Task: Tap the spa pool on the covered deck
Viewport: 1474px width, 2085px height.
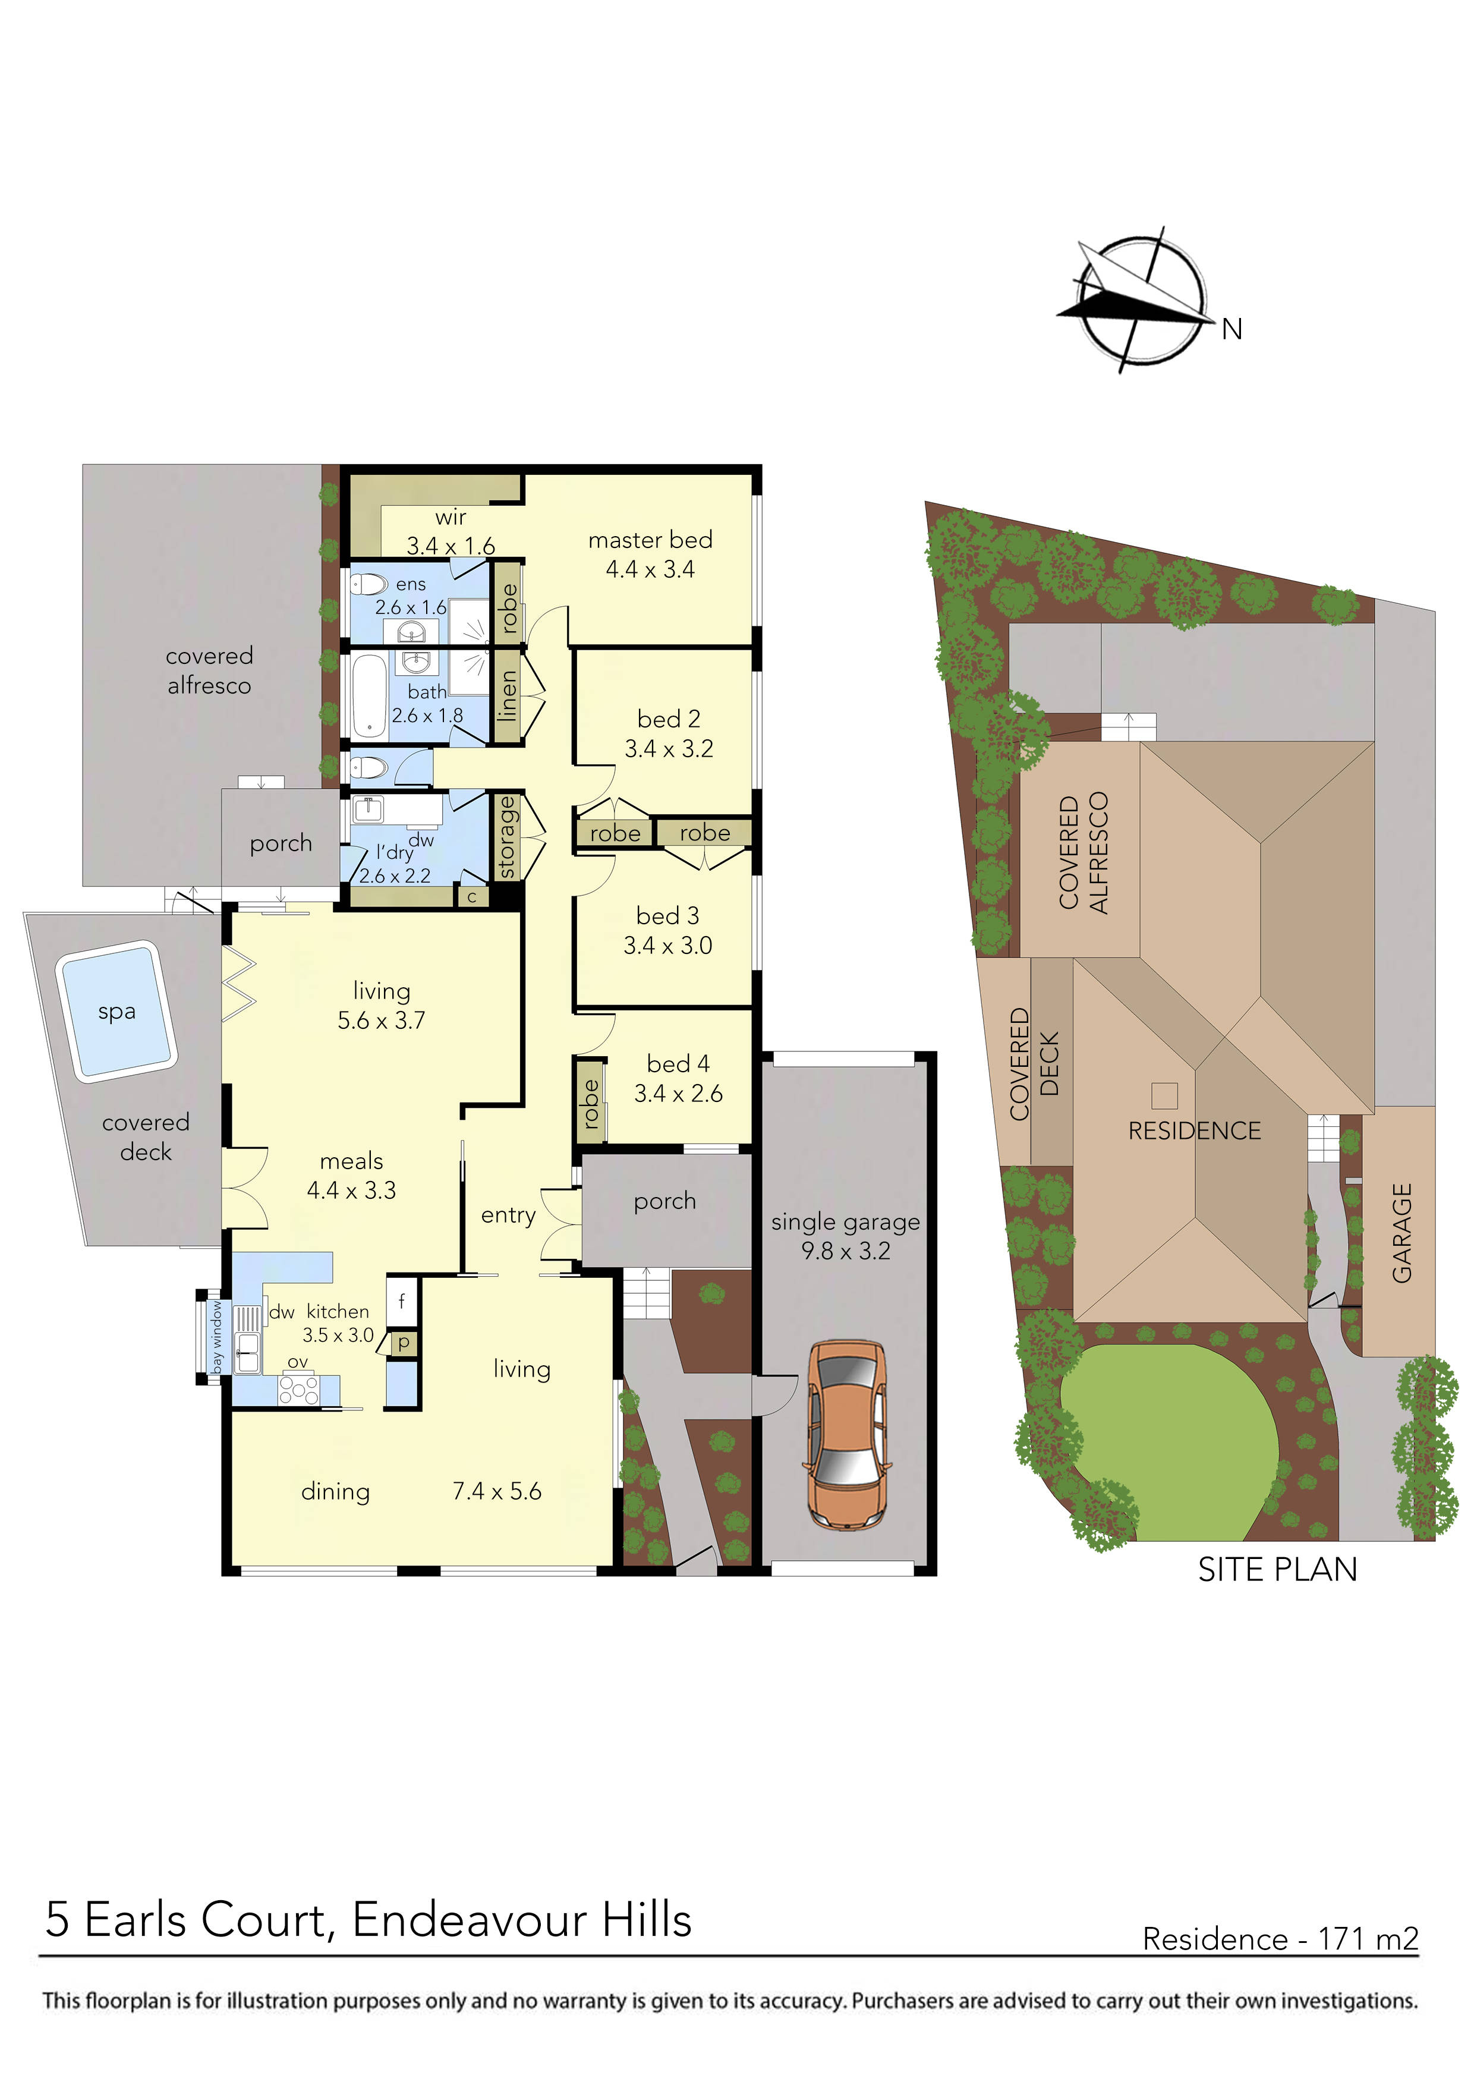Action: tap(116, 1012)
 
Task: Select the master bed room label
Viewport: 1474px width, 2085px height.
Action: tap(650, 540)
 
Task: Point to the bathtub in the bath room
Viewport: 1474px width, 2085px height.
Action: tap(368, 695)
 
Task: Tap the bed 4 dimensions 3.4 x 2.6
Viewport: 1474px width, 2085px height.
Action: tap(678, 1094)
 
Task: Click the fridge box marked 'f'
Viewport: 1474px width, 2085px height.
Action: tap(401, 1301)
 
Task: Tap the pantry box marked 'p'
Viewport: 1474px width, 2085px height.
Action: tap(403, 1342)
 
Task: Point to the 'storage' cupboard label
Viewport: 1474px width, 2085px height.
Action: tap(507, 837)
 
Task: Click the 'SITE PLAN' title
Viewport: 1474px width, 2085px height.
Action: tap(1277, 1569)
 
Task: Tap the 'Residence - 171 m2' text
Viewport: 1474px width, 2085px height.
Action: tap(1280, 1939)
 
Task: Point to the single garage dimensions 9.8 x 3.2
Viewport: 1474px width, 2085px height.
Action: tap(846, 1251)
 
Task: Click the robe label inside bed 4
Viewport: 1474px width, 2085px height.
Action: tap(590, 1103)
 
